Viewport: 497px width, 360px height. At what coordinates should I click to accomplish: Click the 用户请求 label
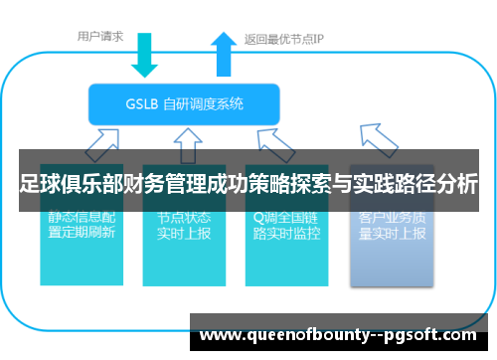[x=100, y=37]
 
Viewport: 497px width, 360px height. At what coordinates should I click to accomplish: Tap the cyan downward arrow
[x=145, y=55]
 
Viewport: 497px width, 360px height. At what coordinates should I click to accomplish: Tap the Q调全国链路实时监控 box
[x=286, y=239]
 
